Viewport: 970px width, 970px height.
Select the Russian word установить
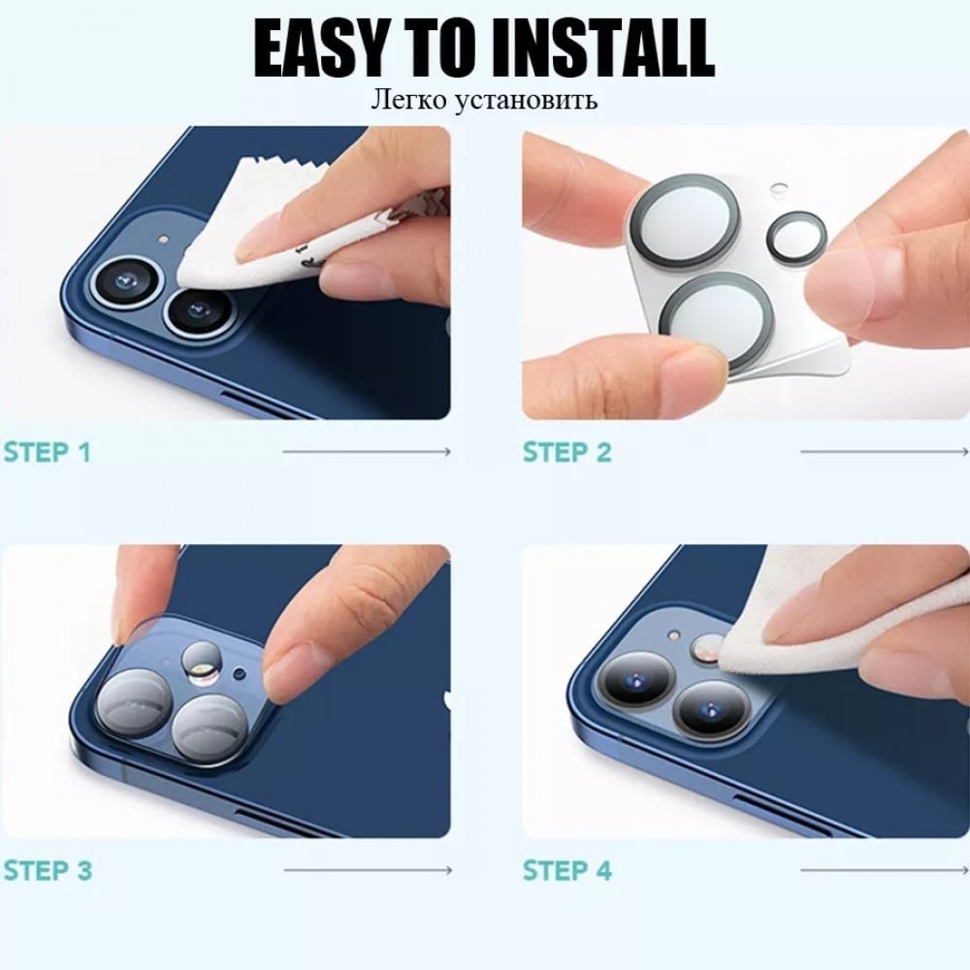click(527, 100)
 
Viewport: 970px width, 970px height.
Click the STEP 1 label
click(48, 452)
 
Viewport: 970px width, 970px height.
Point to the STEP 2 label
click(567, 452)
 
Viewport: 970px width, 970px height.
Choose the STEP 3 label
click(48, 871)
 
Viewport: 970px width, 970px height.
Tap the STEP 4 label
click(567, 871)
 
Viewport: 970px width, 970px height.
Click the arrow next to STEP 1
click(367, 452)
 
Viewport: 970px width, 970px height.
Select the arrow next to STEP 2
click(885, 452)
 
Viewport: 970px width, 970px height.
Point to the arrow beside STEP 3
click(368, 870)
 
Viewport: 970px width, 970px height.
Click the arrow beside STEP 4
click(885, 870)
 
